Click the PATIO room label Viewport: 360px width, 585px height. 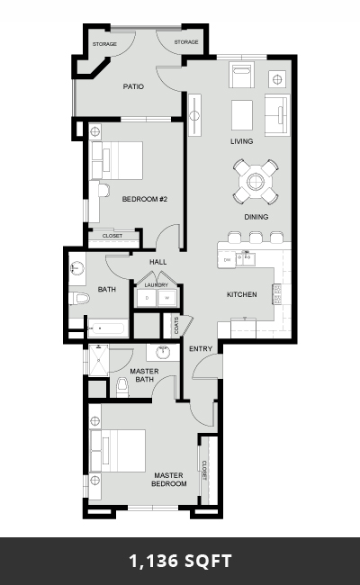click(x=133, y=86)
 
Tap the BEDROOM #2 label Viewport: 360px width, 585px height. click(x=145, y=199)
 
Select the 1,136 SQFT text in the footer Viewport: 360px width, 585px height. click(x=180, y=561)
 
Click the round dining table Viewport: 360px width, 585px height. click(x=256, y=182)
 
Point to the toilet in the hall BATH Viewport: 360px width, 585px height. click(x=79, y=298)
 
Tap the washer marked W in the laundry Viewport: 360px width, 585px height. click(x=167, y=298)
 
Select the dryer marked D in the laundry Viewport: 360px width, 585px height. click(x=147, y=298)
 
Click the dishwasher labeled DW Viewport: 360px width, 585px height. click(x=227, y=260)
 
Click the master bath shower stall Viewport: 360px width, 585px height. click(x=99, y=360)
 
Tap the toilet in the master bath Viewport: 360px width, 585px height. click(x=122, y=388)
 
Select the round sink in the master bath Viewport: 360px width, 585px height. click(x=163, y=352)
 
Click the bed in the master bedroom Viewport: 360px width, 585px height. click(x=118, y=451)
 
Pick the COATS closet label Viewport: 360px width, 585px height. click(x=176, y=325)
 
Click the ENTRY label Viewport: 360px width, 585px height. click(x=201, y=349)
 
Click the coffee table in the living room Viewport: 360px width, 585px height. click(x=242, y=115)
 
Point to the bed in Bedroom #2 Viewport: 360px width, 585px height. click(x=117, y=160)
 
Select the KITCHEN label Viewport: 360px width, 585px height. click(x=242, y=294)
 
